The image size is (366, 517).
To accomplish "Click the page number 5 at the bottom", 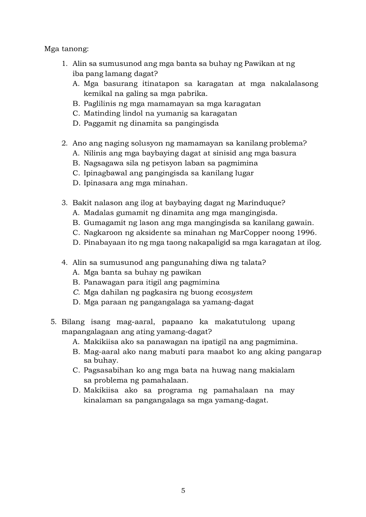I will (x=183, y=490).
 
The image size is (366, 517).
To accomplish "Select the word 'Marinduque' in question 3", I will (x=261, y=203).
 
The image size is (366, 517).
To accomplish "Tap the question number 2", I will (x=64, y=143).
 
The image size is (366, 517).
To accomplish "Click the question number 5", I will (x=53, y=322).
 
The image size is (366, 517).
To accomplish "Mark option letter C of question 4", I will (x=75, y=292).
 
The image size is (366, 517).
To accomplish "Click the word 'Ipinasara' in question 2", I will (x=100, y=183).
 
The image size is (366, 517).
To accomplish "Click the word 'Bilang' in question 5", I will (x=73, y=322).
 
